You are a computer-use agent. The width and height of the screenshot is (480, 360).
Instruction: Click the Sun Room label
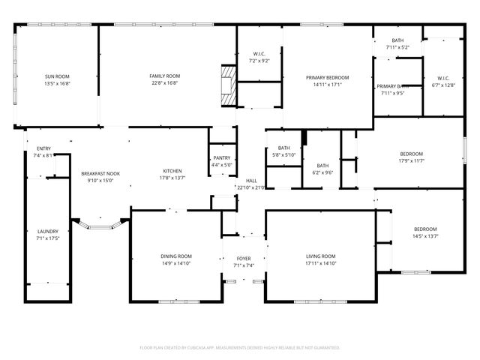pos(57,76)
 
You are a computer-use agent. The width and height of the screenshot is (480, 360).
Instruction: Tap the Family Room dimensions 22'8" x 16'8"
pos(163,84)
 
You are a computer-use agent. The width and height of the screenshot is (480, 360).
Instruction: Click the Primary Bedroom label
pos(327,77)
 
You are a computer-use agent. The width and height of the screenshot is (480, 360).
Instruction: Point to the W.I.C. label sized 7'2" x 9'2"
pos(258,53)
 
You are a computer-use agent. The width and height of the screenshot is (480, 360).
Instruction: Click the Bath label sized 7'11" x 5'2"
pos(397,40)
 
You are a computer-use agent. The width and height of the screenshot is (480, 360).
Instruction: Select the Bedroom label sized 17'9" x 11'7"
pos(411,154)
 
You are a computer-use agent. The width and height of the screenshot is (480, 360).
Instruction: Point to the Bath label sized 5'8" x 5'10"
pos(283,148)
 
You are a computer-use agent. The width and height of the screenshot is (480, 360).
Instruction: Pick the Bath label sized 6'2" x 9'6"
pos(322,166)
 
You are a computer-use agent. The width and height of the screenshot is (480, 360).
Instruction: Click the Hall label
pos(251,181)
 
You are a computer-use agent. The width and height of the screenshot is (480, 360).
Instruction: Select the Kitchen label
pos(172,171)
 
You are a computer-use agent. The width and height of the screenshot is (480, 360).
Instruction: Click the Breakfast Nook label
pos(100,173)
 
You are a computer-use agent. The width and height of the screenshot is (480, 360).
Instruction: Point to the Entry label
pos(43,148)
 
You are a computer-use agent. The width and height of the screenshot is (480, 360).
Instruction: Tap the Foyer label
pos(244,258)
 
